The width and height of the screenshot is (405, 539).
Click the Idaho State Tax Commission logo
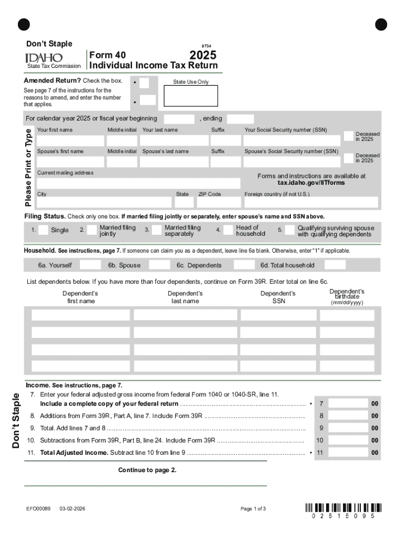pos(44,57)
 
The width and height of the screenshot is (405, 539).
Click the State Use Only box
pos(190,96)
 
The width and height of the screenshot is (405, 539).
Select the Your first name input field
pos(70,141)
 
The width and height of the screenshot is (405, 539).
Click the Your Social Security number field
pos(291,141)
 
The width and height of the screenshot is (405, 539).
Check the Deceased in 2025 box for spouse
pos(348,158)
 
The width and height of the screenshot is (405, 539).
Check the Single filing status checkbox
pos(42,230)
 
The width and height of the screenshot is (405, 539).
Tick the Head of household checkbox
pos(228,230)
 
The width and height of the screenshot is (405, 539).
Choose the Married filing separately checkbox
pos(156,230)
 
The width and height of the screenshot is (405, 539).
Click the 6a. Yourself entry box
pos(90,265)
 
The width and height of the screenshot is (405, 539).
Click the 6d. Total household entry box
pos(335,265)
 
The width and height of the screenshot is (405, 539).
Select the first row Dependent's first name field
pos(80,315)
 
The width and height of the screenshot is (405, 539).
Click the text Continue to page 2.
pos(147,470)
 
